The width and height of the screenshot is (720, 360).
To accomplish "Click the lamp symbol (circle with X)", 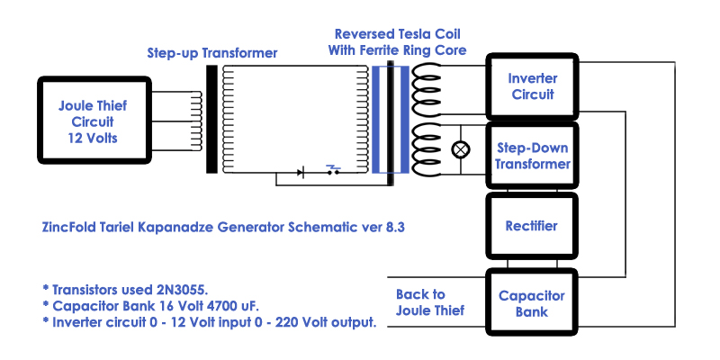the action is [461, 149].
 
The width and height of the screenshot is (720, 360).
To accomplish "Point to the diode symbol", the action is [300, 173].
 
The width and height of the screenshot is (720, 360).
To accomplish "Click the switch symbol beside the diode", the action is [333, 170].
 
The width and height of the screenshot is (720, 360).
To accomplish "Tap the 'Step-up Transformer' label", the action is [212, 53].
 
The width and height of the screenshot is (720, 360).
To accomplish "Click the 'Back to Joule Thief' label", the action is [430, 302].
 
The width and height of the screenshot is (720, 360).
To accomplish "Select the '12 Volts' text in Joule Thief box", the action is [93, 138].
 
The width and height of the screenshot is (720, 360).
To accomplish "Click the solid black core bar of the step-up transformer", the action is [211, 120].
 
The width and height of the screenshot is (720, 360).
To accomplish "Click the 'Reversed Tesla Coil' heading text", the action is [397, 34].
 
